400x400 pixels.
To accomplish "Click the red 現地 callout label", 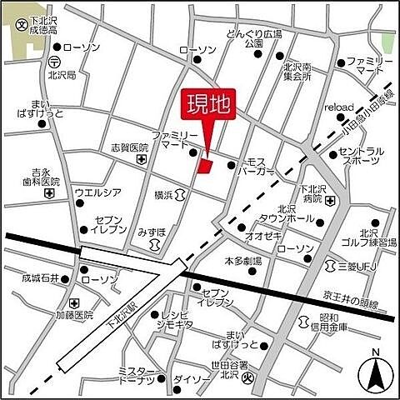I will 207,105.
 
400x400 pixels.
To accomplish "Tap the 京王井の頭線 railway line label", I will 349,302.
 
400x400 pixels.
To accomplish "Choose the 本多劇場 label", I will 242,261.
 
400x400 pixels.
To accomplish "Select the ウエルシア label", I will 98,192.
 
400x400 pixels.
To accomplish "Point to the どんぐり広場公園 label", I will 254,39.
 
